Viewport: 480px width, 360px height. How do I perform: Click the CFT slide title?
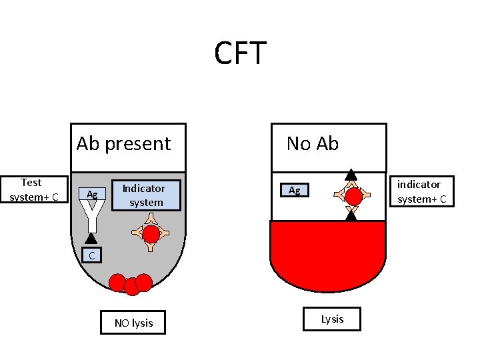pos(240,53)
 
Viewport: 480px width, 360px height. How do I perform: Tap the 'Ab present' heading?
pos(124,143)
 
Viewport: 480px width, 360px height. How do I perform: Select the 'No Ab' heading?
pos(313,143)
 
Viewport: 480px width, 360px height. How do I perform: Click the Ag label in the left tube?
pos(93,194)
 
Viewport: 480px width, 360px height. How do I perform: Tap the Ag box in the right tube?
pos(294,191)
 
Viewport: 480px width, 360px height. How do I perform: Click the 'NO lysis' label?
pos(133,323)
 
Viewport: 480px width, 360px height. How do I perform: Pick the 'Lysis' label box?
pos(332,319)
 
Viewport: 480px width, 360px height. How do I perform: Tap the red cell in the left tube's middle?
pos(151,233)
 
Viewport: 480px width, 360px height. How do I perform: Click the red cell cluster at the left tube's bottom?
pos(131,283)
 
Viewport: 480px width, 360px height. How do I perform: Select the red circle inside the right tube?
pos(353,197)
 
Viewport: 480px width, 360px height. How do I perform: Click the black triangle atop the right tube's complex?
pos(351,176)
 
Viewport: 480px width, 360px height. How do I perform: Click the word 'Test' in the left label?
pos(31,182)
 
